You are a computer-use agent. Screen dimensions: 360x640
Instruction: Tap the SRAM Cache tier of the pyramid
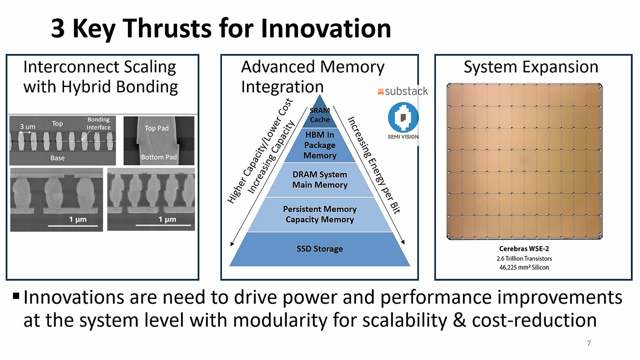[320, 115]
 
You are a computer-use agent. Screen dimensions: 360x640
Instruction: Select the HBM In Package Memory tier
[320, 145]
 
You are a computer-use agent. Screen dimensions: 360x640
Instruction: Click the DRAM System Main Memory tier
[320, 180]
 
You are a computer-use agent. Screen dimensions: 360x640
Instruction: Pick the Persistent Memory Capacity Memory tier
[320, 215]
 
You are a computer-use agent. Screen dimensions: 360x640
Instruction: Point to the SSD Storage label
[320, 249]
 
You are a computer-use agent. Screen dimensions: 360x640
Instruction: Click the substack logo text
[403, 91]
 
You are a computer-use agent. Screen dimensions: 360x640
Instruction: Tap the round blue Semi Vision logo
[403, 117]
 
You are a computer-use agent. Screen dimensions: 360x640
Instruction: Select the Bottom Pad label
[159, 157]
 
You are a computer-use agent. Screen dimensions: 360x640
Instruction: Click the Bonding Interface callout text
[98, 124]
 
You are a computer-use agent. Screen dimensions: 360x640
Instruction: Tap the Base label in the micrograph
[57, 158]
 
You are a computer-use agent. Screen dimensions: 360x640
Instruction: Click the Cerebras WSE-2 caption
[524, 249]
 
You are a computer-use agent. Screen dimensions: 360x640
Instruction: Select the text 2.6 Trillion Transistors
[524, 258]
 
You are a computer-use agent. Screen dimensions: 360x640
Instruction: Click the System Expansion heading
[531, 67]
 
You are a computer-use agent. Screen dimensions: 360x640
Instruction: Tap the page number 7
[589, 343]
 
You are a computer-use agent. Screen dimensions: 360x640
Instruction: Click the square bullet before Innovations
[16, 295]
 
